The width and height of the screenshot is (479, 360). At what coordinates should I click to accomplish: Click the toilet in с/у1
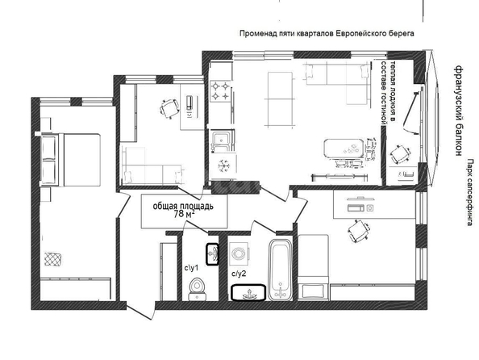pos(197,289)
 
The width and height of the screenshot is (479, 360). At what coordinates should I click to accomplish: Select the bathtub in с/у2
pos(280,270)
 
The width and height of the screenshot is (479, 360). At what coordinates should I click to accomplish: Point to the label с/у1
pos(191,269)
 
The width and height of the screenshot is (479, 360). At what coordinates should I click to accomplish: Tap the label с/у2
pos(239,274)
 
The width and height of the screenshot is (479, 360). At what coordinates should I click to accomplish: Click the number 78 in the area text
pos(179,214)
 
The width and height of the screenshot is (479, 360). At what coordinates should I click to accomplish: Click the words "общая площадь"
pos(183,207)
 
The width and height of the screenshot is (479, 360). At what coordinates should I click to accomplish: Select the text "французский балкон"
pos(458,111)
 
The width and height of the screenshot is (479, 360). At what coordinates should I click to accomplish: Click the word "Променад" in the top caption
pos(258,33)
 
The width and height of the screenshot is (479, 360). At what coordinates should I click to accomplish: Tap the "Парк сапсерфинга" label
pos(470,192)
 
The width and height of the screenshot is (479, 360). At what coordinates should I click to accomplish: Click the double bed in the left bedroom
pos(71,160)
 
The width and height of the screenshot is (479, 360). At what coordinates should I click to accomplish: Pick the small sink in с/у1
pos(212,254)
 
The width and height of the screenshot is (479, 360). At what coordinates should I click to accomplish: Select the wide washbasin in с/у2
pos(248,293)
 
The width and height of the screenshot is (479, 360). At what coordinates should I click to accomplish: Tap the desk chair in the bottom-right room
pos(358,230)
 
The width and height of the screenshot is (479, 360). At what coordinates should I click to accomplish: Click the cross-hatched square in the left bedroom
pos(53,259)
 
